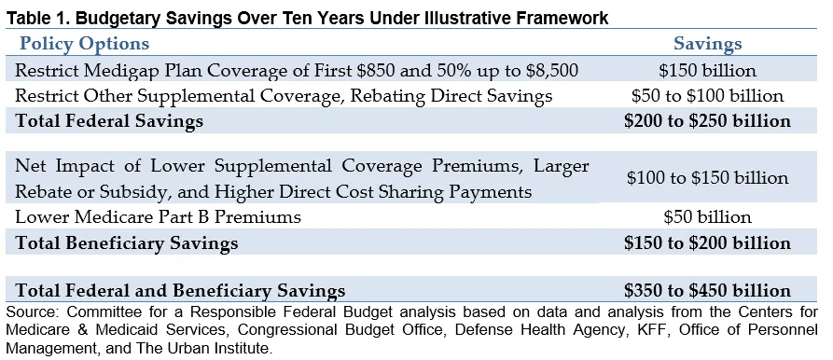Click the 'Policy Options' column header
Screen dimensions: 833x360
coord(85,44)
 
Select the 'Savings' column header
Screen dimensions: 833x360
coord(708,44)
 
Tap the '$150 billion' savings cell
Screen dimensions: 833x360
coord(708,71)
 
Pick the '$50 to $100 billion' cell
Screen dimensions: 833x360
coord(708,95)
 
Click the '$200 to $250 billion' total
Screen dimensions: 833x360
coord(708,121)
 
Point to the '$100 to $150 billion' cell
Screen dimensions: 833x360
coord(708,177)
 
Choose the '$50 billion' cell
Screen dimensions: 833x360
coord(708,216)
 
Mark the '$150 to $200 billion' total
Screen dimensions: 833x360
coord(708,242)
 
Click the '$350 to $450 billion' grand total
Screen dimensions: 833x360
coord(708,290)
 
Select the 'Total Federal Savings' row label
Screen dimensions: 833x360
coord(109,121)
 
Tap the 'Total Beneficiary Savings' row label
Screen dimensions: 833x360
coord(127,243)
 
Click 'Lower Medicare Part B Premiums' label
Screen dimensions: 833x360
coord(159,216)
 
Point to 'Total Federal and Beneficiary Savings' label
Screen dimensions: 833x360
coord(180,291)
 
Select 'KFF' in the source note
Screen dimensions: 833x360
coord(648,330)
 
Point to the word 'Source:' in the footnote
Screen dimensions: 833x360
coord(33,312)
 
